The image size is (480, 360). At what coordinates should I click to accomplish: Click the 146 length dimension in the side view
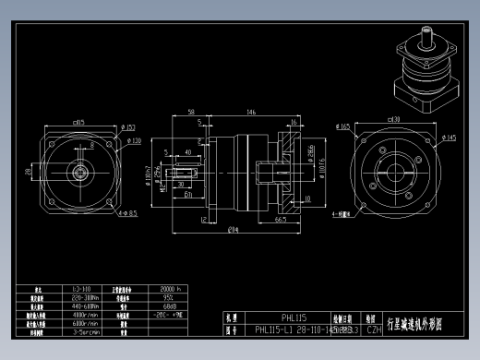coord(251,112)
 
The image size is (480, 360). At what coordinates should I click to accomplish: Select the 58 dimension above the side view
coord(190,112)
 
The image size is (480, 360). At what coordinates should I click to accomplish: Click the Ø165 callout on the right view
coord(343,127)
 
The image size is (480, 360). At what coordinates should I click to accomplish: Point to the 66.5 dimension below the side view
coord(280,221)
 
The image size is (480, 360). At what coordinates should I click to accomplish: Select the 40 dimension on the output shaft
coord(187,151)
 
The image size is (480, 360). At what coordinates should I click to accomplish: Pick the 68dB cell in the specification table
coord(170,306)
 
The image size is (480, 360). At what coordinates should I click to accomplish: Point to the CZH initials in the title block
coord(374,328)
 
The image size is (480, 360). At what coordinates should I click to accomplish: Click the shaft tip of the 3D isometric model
coord(425,34)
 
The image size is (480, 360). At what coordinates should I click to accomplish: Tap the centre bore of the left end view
coord(78,171)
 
